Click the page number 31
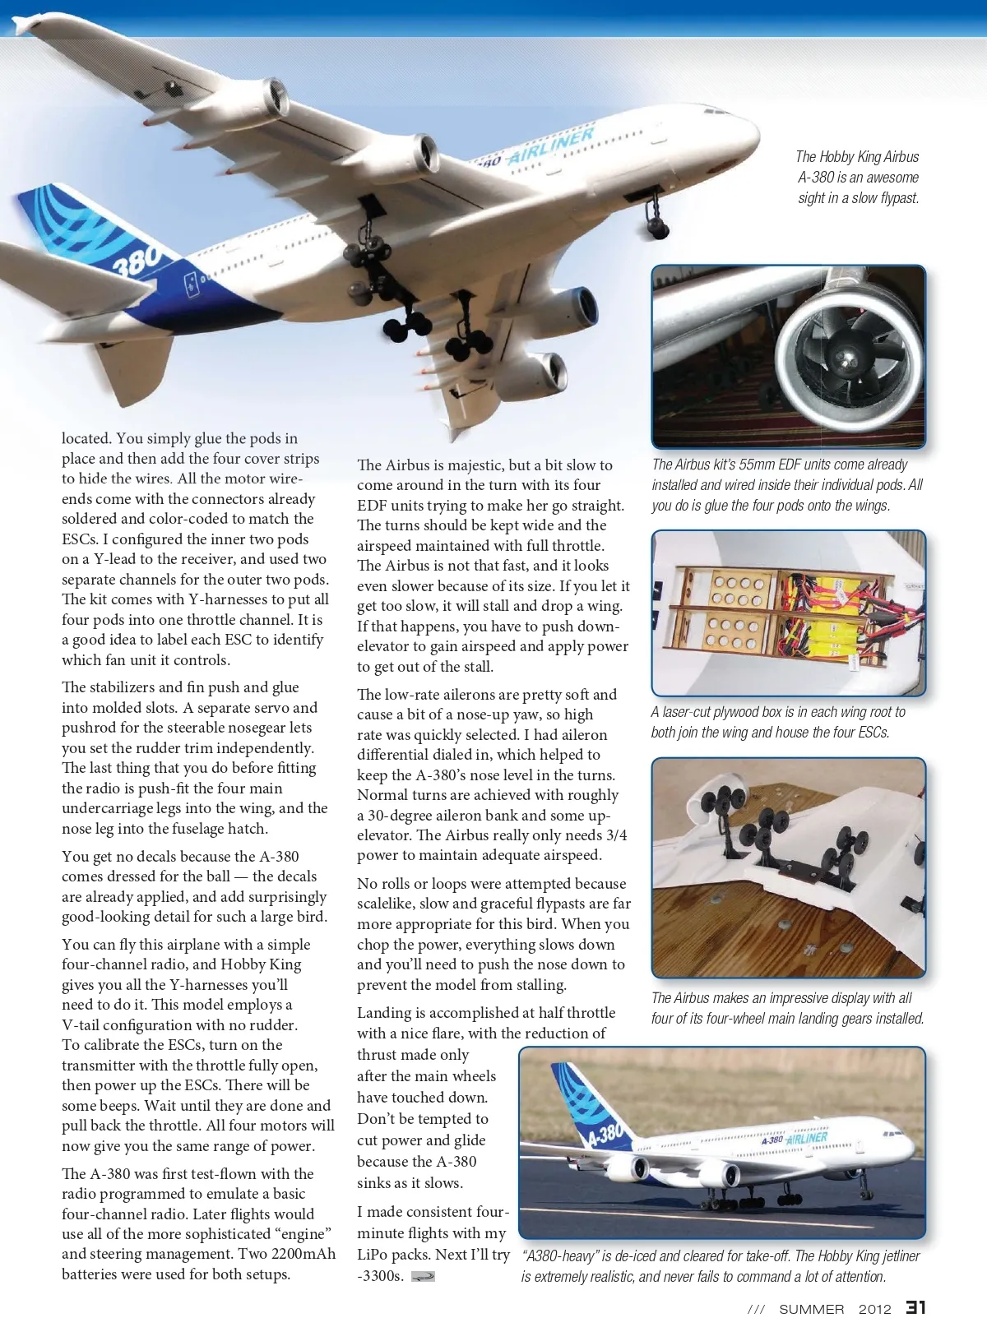click(915, 1307)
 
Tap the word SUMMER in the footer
click(811, 1309)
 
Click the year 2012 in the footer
click(874, 1309)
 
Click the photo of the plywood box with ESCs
click(788, 613)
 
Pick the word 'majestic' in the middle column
click(469, 465)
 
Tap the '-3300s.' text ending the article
click(380, 1276)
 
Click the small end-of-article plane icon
click(423, 1276)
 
